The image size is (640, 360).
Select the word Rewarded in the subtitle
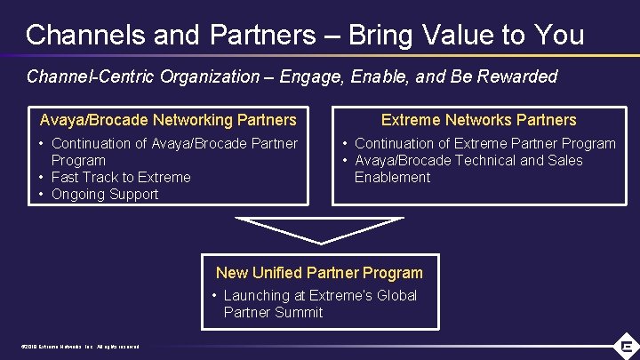(518, 76)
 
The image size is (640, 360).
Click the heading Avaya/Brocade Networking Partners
(168, 120)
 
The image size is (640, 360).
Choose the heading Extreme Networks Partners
(479, 120)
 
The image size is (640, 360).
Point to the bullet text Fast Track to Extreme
(121, 177)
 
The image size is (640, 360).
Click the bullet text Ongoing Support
(105, 194)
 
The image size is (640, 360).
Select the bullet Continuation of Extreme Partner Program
(484, 143)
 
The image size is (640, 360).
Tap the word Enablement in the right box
(392, 177)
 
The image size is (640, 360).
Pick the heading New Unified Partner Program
(319, 273)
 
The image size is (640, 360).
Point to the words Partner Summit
(273, 312)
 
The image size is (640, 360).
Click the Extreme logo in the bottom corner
(626, 346)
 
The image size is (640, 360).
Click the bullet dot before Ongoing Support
(43, 194)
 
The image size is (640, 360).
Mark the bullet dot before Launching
(215, 295)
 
